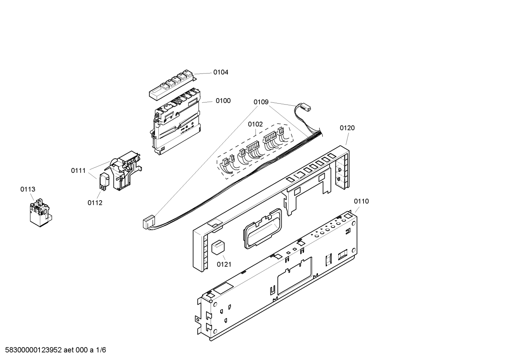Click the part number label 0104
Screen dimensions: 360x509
pyautogui.click(x=221, y=72)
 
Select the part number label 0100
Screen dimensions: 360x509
pyautogui.click(x=223, y=101)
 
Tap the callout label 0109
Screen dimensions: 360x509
pyautogui.click(x=261, y=102)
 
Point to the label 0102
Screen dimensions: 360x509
pyautogui.click(x=255, y=124)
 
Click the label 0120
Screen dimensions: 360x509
pyautogui.click(x=347, y=128)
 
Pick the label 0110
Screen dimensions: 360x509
pyautogui.click(x=361, y=201)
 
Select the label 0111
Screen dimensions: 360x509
pyautogui.click(x=78, y=171)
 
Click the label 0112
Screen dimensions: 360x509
pyautogui.click(x=95, y=203)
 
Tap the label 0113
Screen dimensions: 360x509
pyautogui.click(x=28, y=190)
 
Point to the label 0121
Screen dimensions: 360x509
pyautogui.click(x=224, y=264)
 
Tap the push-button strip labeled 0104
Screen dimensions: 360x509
pyautogui.click(x=171, y=84)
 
